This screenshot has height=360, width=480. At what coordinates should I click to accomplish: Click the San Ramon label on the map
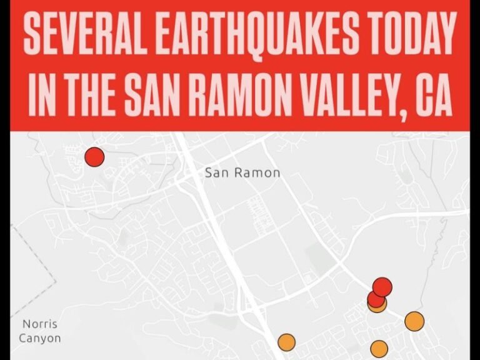242,173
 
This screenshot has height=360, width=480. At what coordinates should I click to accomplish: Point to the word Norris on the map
39,324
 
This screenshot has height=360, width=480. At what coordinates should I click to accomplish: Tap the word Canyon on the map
40,339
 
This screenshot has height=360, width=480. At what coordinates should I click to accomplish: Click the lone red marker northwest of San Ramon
94,156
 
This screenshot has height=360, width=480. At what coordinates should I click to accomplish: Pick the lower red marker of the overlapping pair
375,298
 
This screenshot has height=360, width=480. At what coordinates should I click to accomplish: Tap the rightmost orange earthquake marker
414,321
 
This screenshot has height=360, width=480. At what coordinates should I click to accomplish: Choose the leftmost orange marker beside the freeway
286,342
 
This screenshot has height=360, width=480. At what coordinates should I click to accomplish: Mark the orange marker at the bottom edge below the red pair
379,349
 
